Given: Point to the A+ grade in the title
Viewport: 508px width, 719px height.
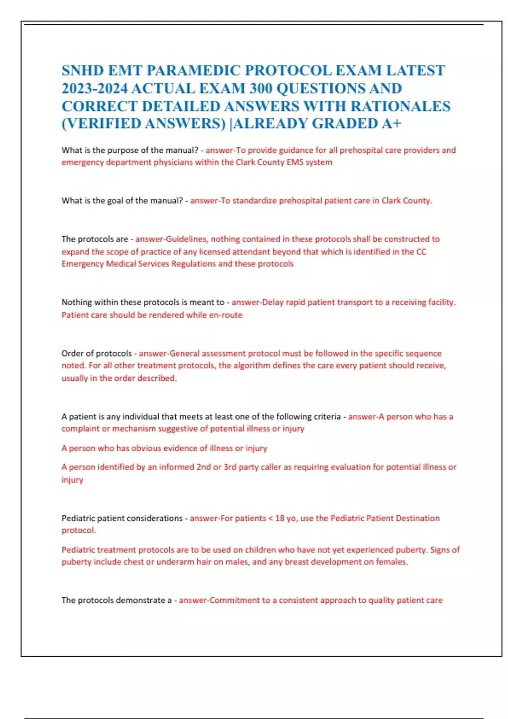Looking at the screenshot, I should (391, 123).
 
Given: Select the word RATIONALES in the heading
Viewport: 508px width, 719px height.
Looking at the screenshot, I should (400, 106).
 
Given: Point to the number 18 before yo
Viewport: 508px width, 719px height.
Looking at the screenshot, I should (280, 518).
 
